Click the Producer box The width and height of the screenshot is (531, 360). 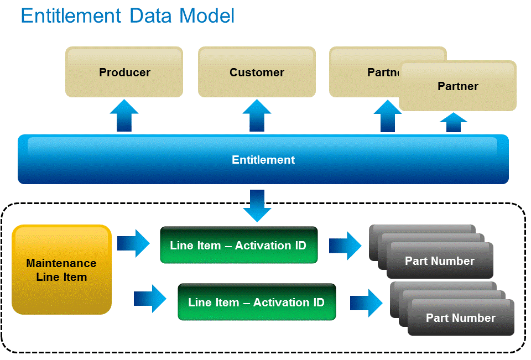[x=124, y=72]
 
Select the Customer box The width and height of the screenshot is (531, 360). [x=257, y=72]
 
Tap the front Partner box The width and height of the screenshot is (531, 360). [x=457, y=86]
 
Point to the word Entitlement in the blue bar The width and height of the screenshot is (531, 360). [x=263, y=160]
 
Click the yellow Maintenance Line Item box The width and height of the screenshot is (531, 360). [x=61, y=270]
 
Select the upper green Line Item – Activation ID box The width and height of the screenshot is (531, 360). [x=238, y=245]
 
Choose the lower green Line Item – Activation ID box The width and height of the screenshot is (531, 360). [x=257, y=302]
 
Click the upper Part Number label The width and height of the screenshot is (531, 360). [x=440, y=261]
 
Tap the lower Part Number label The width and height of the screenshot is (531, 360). [x=461, y=318]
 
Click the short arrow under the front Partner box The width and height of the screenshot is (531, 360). [x=454, y=123]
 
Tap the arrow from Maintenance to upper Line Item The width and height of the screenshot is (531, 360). [x=134, y=244]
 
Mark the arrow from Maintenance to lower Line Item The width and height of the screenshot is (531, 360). [x=150, y=299]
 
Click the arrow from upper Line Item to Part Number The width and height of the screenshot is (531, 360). [x=346, y=246]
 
